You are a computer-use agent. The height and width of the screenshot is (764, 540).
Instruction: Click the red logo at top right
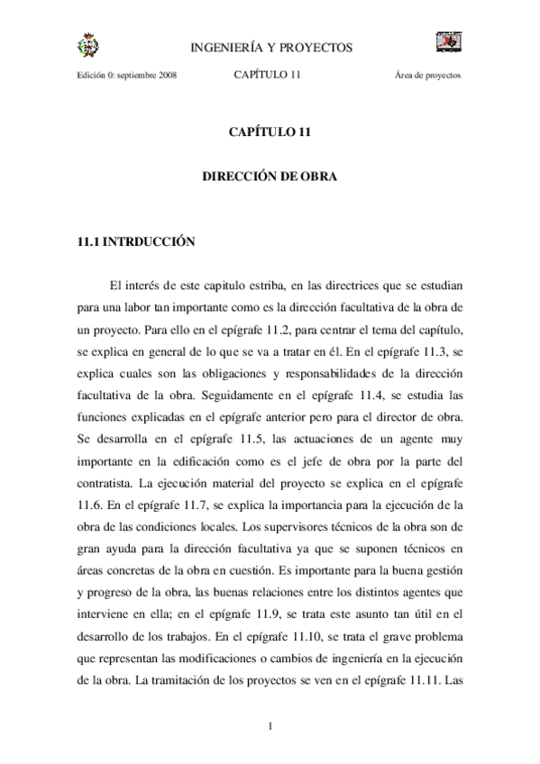point(449,41)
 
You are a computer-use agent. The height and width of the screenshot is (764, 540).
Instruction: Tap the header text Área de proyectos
point(428,76)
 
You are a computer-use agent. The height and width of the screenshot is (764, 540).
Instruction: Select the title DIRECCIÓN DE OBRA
point(270,177)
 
